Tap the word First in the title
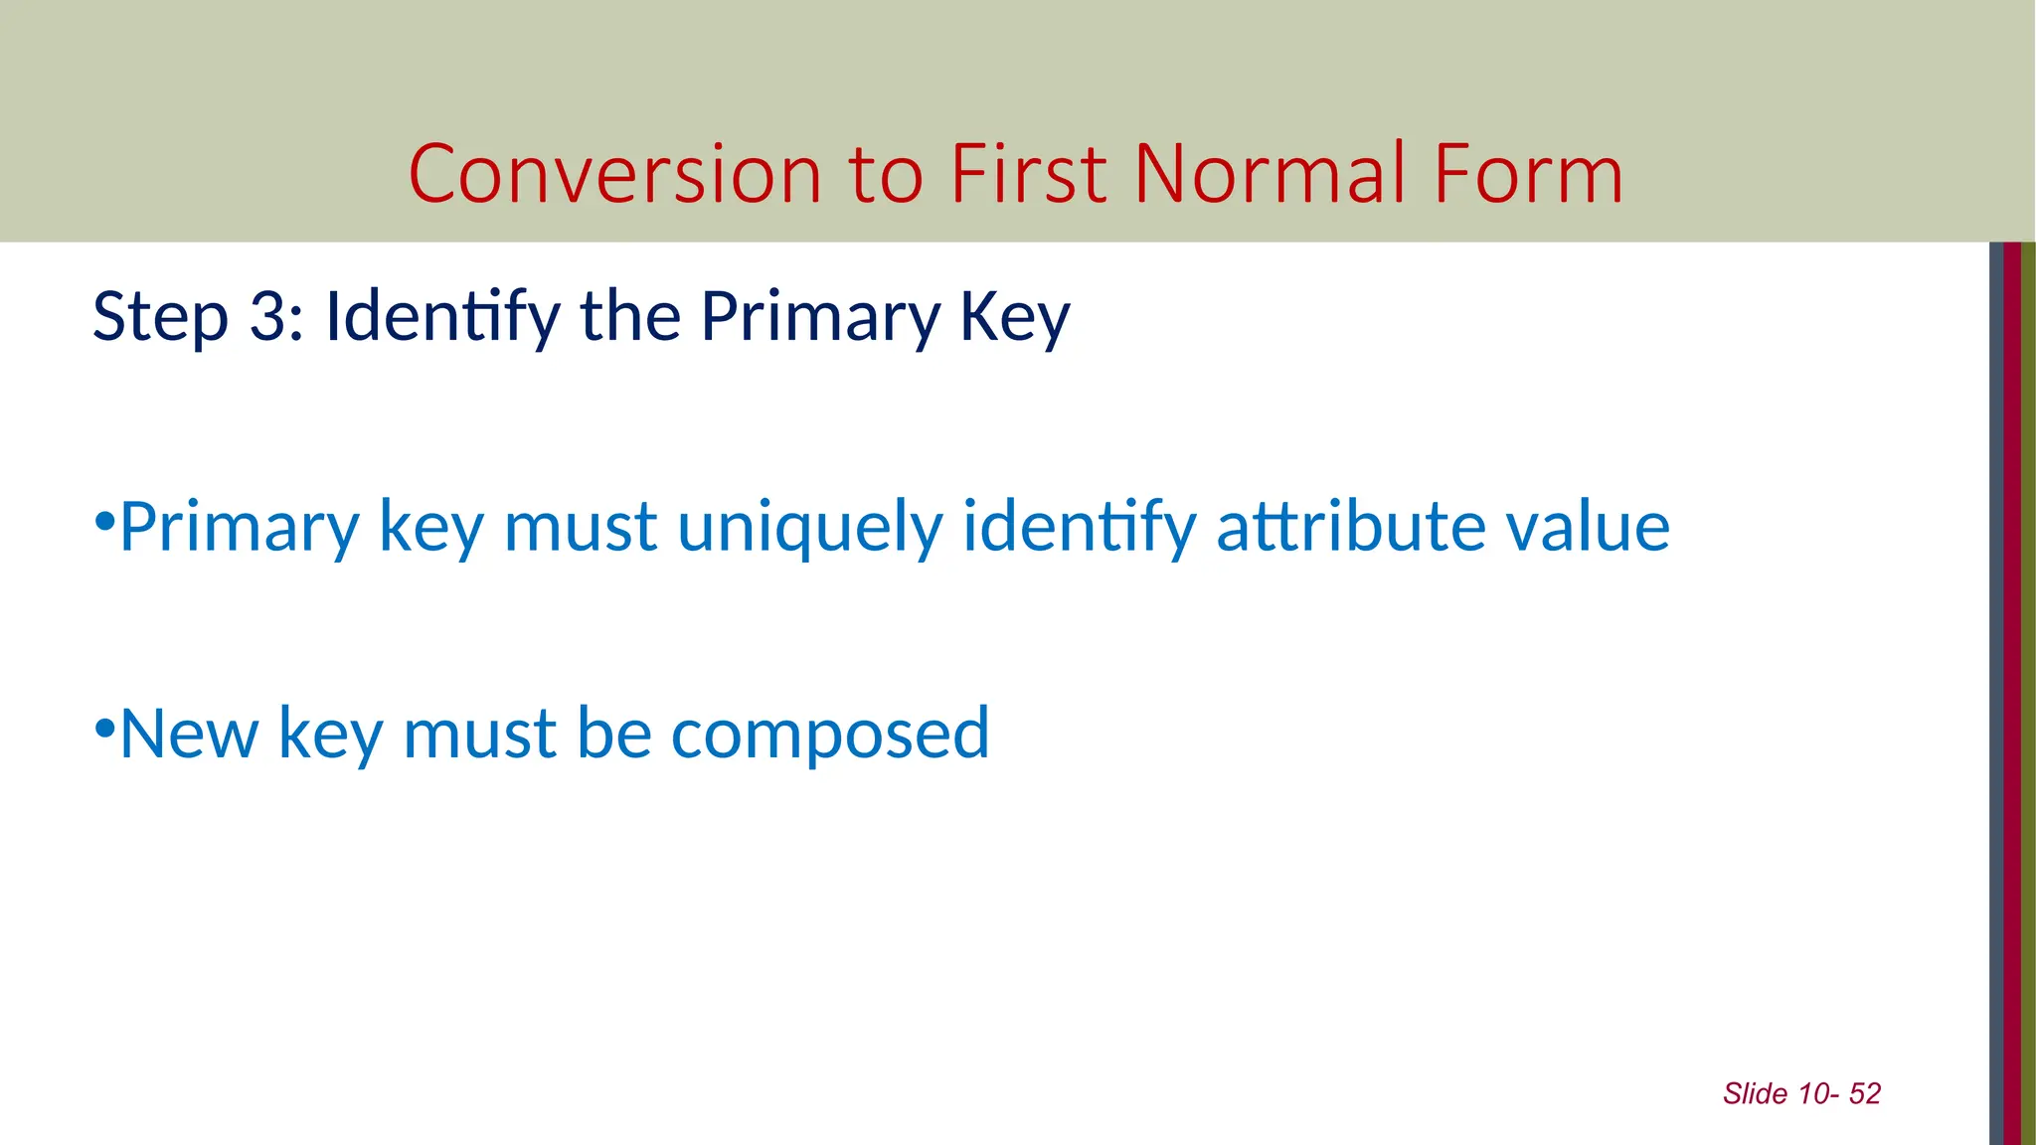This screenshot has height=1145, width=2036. tap(1028, 175)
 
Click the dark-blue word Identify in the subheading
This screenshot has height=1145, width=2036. tap(442, 318)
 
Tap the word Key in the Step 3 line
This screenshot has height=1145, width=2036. tap(1014, 318)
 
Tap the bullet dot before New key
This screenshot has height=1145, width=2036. tap(104, 729)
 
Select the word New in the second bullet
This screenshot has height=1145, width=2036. tap(189, 734)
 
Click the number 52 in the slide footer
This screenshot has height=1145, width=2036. tap(1865, 1094)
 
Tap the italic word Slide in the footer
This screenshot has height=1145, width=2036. tap(1756, 1094)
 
